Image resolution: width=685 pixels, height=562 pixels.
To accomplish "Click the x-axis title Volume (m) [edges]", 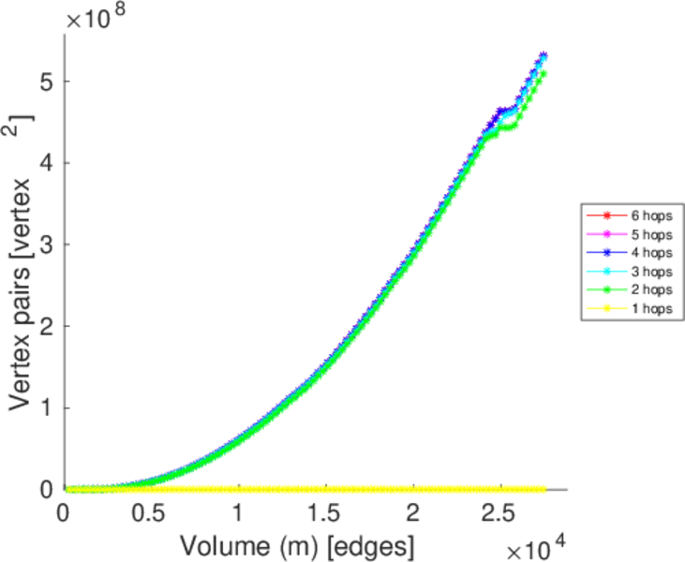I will pyautogui.click(x=297, y=543).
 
